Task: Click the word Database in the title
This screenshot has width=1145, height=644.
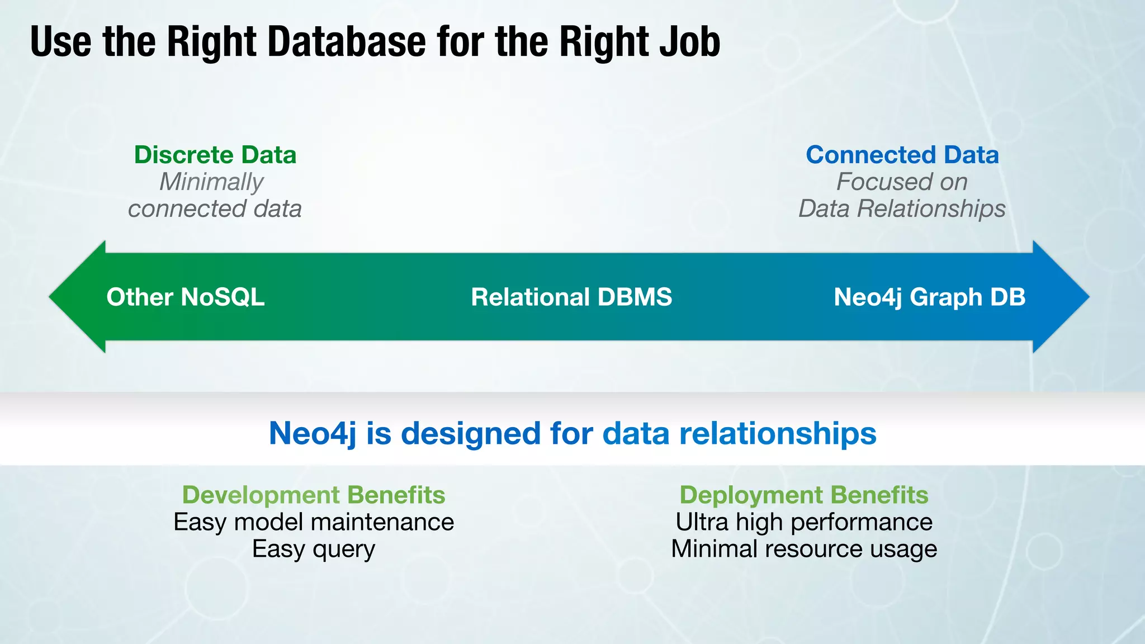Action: (x=347, y=42)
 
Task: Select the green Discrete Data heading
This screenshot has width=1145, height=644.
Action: (x=215, y=155)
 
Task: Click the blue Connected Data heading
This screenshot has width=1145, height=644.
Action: (x=902, y=155)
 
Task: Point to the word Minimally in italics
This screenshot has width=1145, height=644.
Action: (x=211, y=182)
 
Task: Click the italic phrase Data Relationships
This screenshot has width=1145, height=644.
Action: (x=902, y=209)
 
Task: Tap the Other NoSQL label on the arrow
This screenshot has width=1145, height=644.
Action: (x=186, y=297)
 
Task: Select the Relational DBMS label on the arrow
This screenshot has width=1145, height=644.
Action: (x=571, y=297)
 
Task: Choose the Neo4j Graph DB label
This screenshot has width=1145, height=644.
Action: (x=929, y=297)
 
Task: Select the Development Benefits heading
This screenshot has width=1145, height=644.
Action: (x=314, y=495)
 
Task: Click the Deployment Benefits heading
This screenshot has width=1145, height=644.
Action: (x=804, y=495)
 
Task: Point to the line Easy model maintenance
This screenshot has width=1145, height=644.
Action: (x=314, y=522)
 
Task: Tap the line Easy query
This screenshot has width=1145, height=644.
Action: (x=314, y=549)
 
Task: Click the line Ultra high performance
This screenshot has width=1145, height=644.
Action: (x=804, y=522)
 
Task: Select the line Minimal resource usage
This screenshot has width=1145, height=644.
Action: (x=804, y=549)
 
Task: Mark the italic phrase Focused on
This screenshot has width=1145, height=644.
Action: (x=902, y=182)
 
